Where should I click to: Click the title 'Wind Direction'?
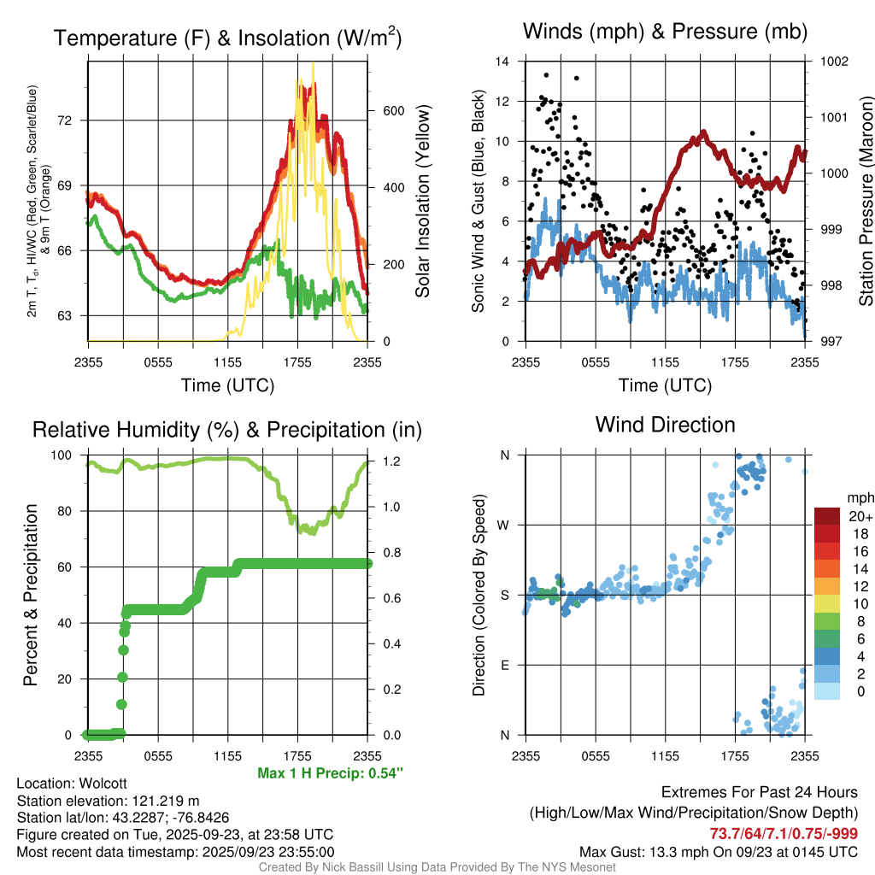(x=665, y=425)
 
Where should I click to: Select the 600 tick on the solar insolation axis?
(x=393, y=111)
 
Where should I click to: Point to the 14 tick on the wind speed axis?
(x=502, y=62)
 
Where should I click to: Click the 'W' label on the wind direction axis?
(x=504, y=525)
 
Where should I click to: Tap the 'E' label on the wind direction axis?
(x=504, y=665)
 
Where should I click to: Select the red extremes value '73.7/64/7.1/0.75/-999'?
(x=784, y=834)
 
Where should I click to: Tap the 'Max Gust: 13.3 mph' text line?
(x=718, y=851)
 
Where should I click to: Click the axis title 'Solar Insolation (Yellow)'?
(x=422, y=202)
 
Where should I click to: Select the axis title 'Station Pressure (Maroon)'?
(x=866, y=202)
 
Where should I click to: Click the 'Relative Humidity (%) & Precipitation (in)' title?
(x=227, y=430)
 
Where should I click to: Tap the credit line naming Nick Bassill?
(x=437, y=867)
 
